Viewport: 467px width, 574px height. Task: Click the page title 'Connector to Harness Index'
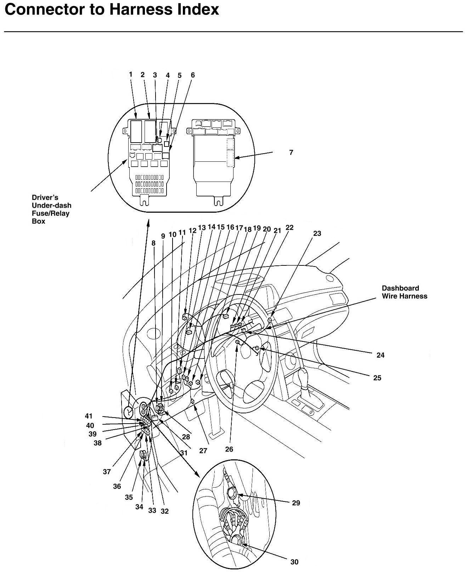112,10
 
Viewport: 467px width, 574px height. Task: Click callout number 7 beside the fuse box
291,153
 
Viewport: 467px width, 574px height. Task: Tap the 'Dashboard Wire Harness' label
404,292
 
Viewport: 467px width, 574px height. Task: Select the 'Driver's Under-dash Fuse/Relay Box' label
51,209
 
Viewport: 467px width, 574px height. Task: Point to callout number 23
317,234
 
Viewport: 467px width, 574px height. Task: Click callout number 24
380,355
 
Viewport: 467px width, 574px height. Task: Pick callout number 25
377,378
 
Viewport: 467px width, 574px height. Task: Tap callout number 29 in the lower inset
296,503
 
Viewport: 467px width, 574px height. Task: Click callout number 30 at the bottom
294,562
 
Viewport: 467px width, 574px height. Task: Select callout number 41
88,416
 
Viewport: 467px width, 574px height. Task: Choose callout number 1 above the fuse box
130,74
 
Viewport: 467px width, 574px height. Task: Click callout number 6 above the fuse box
193,75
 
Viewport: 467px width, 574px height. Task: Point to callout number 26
229,449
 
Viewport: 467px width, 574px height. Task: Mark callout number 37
107,472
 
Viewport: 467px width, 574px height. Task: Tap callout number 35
129,497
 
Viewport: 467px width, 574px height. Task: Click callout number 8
153,243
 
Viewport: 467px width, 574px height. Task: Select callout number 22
289,228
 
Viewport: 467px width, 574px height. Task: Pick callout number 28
186,437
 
